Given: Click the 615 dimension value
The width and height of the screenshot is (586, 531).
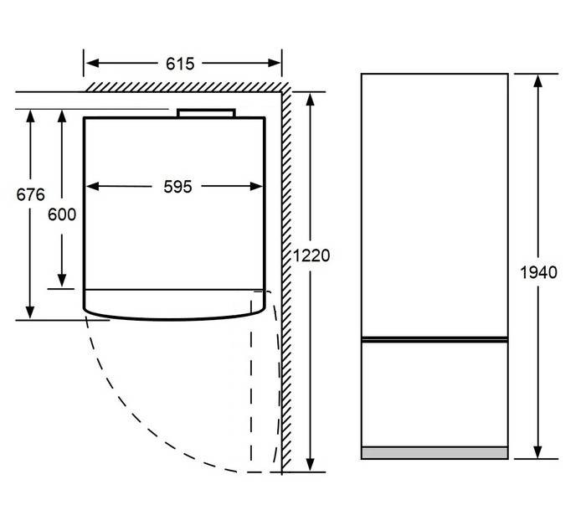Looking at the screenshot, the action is (x=180, y=64).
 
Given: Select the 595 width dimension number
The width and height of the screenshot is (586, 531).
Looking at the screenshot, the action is (x=177, y=187).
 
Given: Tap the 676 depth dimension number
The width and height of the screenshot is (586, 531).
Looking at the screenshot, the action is (x=30, y=194).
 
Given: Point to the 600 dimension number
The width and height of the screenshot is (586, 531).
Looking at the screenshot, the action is (x=62, y=214).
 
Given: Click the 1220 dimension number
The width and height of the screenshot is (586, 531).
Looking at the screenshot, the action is (x=311, y=255).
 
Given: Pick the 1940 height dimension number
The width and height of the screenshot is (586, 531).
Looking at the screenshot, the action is (x=538, y=272).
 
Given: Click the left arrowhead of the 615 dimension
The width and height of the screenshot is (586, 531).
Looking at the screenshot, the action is (x=92, y=63).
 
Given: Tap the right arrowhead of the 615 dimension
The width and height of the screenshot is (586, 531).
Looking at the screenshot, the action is (x=274, y=63).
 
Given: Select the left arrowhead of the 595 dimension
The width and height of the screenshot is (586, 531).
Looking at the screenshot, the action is (x=92, y=186).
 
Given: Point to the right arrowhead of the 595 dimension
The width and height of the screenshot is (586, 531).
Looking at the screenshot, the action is (x=256, y=186).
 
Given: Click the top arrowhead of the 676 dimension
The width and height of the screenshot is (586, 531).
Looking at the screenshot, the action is (x=30, y=116).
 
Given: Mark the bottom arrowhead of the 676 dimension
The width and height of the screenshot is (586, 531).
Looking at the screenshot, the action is (x=30, y=312).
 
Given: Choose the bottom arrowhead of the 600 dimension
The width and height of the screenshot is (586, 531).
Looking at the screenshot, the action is (x=62, y=281).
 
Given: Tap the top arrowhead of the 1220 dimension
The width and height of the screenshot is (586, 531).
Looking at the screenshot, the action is (x=310, y=100).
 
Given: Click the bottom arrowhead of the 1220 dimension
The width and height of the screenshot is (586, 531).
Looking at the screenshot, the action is (x=310, y=465).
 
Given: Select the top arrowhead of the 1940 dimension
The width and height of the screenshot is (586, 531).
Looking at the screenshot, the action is (x=537, y=81).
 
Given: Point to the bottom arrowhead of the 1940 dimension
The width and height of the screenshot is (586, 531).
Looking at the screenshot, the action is (x=537, y=451).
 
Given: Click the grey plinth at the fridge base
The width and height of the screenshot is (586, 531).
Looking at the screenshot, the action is (x=434, y=452).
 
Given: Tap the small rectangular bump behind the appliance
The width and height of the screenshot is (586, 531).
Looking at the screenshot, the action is (x=206, y=113).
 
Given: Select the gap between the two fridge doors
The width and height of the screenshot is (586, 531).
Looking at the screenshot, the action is (x=434, y=339).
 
